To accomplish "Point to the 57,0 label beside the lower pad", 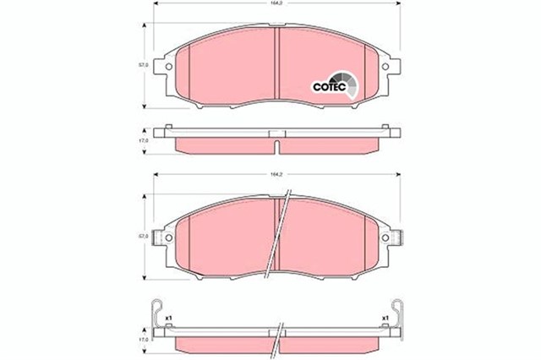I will coord(145,235).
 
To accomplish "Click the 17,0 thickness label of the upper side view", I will coord(145,139).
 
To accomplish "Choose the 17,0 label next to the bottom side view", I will coord(145,337).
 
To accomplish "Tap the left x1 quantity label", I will coord(169,318).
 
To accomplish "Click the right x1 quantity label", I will coord(385,318).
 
